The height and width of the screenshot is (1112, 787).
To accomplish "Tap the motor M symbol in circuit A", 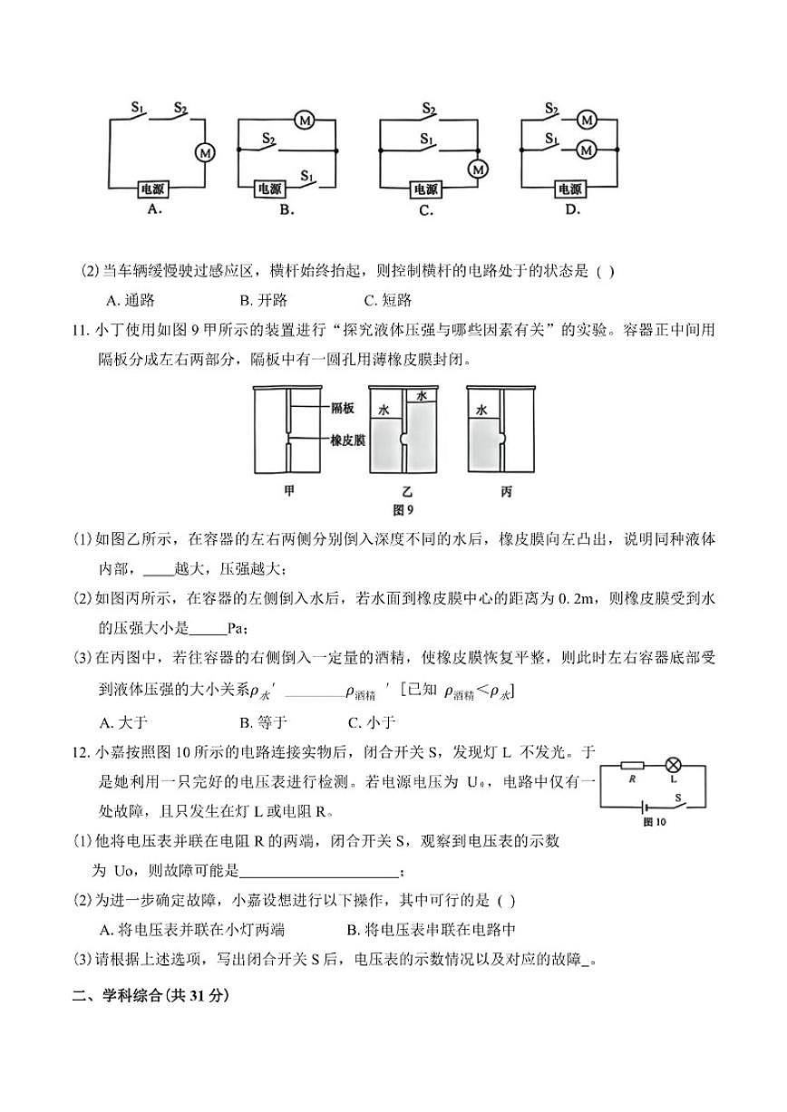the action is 206,153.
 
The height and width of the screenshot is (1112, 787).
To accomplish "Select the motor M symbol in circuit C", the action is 478,169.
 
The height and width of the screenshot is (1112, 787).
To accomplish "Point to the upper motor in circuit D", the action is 587,120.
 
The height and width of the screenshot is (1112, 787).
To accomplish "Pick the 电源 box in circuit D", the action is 569,189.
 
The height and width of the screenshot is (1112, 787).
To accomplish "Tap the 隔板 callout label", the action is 342,409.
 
